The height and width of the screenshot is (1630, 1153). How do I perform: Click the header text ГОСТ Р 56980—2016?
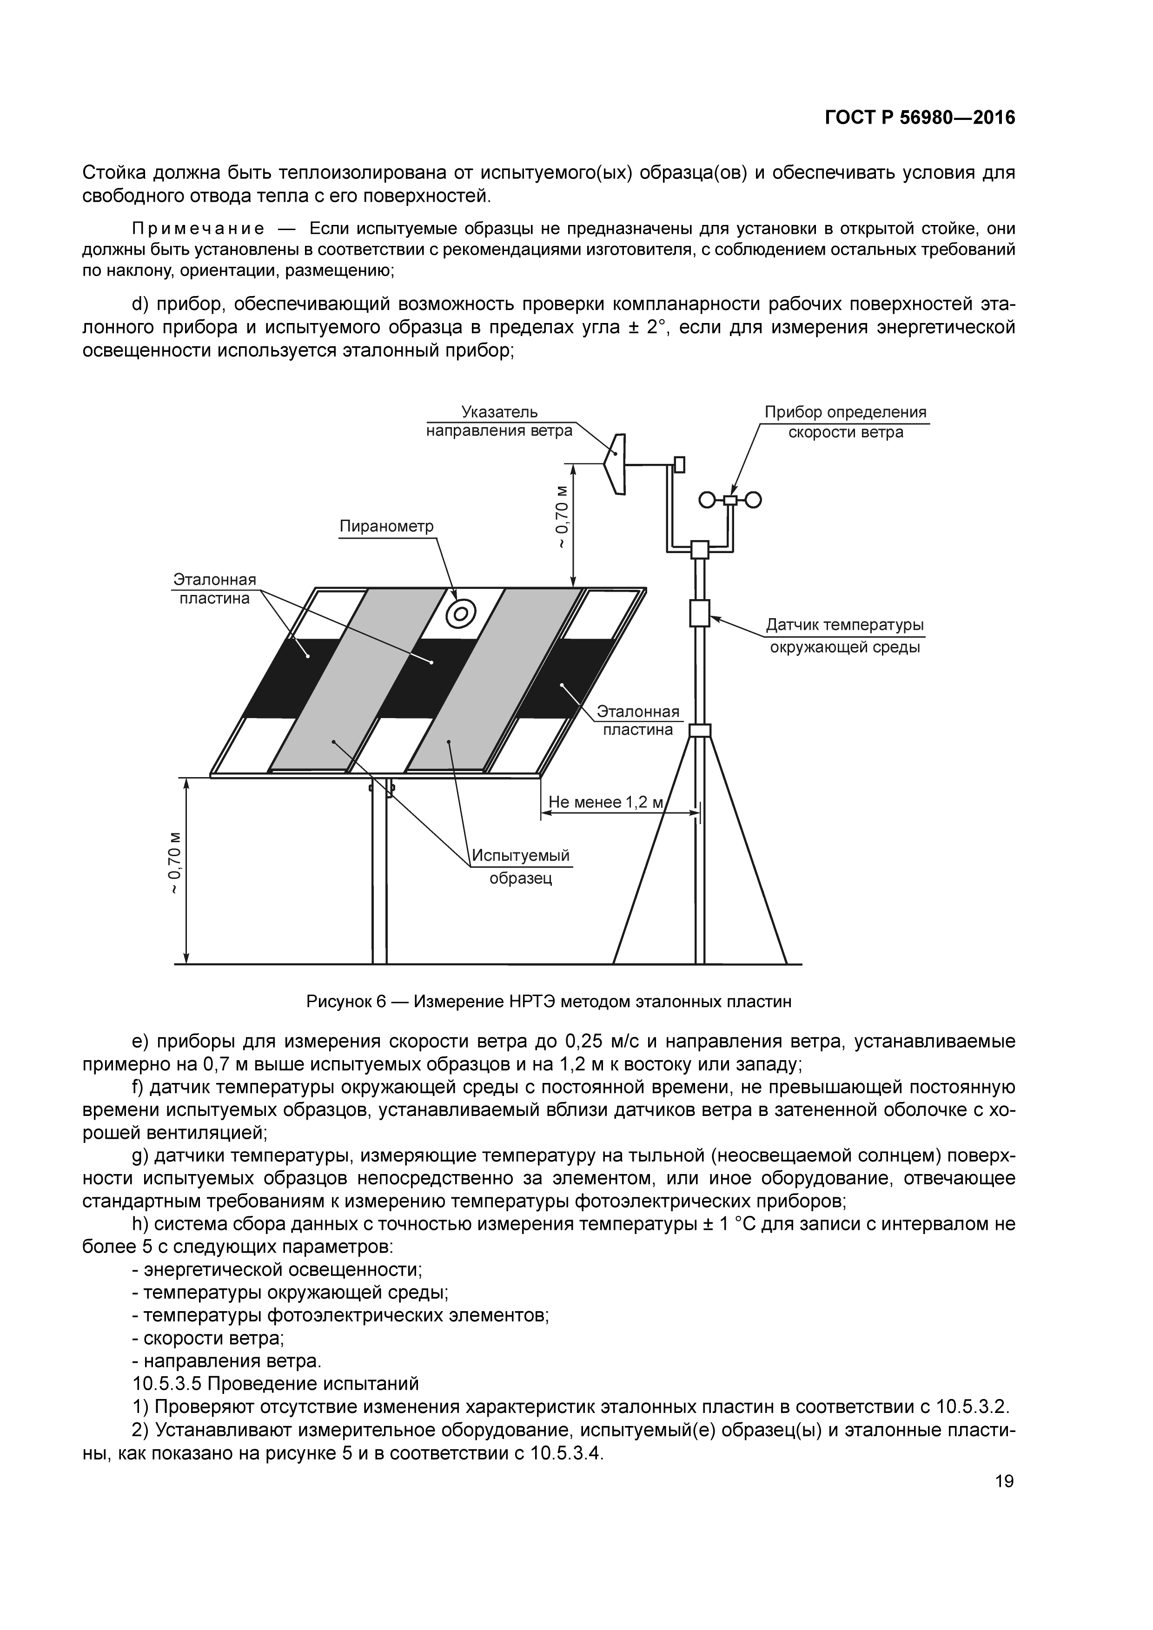(x=920, y=118)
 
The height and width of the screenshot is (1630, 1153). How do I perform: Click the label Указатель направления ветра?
(x=499, y=422)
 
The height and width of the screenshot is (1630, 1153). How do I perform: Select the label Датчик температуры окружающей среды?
(x=845, y=636)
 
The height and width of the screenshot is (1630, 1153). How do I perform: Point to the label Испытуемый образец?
(x=521, y=867)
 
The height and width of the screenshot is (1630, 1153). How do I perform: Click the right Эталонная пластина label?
(x=637, y=720)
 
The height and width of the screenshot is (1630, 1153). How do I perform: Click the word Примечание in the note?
(x=198, y=229)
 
